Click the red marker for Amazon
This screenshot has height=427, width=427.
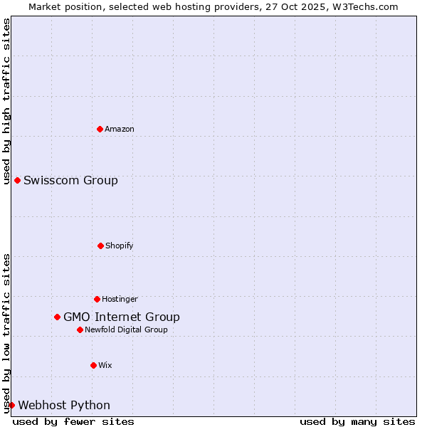(100, 129)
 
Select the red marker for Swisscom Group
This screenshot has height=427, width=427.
(17, 180)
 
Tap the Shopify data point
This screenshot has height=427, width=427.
(100, 246)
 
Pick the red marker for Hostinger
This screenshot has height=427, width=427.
(97, 299)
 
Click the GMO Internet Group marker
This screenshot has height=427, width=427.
(57, 317)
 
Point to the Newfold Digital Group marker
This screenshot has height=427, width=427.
(80, 330)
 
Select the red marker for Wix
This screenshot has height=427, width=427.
(93, 365)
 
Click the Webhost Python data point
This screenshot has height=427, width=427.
(11, 405)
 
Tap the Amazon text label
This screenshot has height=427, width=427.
(120, 129)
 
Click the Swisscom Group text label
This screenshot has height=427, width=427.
(70, 180)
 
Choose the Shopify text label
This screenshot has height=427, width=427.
(120, 246)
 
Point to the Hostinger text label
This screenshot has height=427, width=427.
(120, 299)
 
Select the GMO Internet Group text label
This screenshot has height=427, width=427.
(122, 317)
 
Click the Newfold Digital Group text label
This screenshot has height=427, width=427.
(126, 330)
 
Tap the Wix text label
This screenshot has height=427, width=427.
(105, 365)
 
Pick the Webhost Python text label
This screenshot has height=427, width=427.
(64, 405)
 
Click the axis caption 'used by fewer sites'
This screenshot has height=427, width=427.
(73, 421)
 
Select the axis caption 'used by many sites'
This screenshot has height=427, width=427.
(357, 421)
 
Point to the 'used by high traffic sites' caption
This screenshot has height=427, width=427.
(6, 101)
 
